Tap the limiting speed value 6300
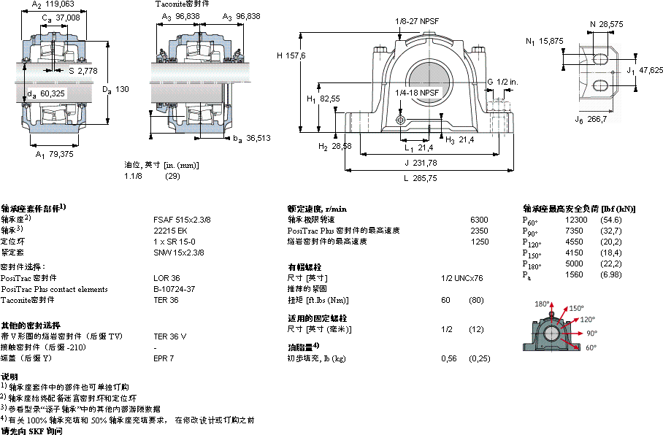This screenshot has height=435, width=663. point(479,219)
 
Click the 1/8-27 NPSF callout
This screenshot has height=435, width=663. point(417,21)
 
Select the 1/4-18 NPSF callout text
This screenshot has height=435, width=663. point(417,93)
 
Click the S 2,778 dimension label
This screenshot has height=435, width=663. point(83,71)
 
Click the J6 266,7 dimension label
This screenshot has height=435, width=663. point(591,119)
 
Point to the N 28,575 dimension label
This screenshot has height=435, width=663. point(606,24)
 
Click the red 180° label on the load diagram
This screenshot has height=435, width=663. point(541,304)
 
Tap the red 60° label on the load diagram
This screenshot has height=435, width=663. point(589,347)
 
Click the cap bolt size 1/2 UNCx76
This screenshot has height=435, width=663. point(463,278)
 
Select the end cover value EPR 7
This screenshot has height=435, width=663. point(164,358)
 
